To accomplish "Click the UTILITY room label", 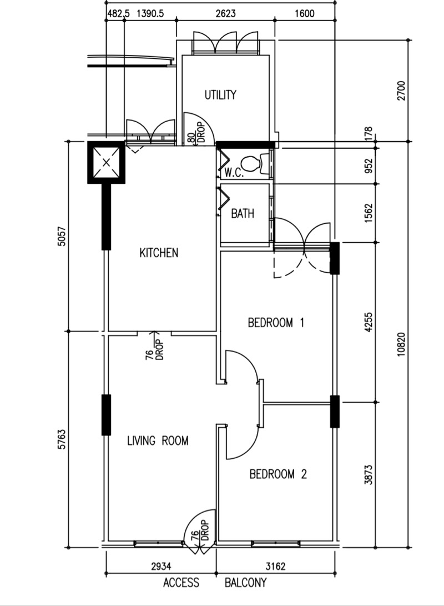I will point(220,95).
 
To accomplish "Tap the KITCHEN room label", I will point(159,253).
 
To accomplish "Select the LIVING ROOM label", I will point(158,441).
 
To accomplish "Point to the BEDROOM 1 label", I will point(276,322).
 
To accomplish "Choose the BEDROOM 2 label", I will point(277,474).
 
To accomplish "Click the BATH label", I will point(243,213).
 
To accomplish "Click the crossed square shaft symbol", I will point(105,162).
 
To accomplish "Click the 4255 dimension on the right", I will point(368,322).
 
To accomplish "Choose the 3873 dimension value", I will point(368,475).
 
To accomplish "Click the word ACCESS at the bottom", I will point(181,583).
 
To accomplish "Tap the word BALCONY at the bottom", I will point(245,583).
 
